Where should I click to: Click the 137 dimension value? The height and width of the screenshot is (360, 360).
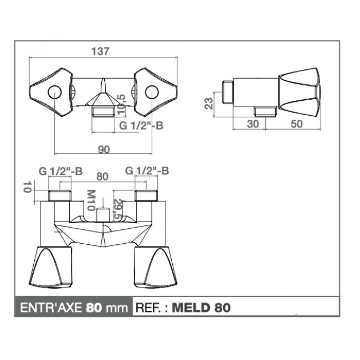pos(100,51)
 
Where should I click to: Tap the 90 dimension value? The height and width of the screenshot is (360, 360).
pos(104,150)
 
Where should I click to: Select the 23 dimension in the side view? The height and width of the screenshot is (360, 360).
pos(209,104)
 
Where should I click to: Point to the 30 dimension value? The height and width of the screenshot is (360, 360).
pos(253,124)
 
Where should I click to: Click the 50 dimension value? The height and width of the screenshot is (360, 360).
pos(297,124)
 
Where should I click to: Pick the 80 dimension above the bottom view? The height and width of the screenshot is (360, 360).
pos(102,176)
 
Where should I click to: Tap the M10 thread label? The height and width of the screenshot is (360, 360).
pos(91,200)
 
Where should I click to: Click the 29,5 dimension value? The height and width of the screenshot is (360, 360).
pos(118,209)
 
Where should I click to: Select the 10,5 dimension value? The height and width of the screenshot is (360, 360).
pos(121,104)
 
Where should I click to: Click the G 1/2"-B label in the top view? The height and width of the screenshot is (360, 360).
pos(141,125)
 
